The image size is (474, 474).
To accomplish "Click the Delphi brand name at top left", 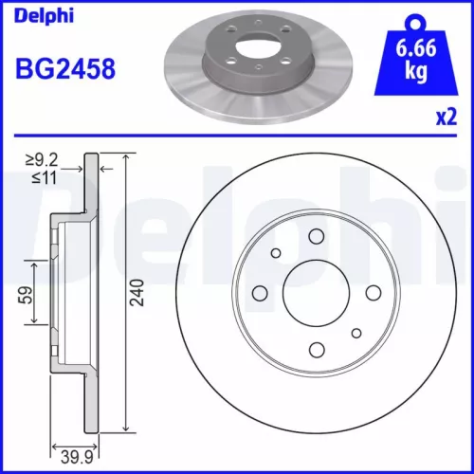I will pos(39,14).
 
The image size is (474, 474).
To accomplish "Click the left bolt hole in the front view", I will pos(260,293).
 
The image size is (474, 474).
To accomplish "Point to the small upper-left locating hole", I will pos(276,253).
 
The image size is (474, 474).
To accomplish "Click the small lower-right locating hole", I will pos(355,332).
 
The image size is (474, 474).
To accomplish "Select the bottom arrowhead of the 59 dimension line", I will pos(35,321).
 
